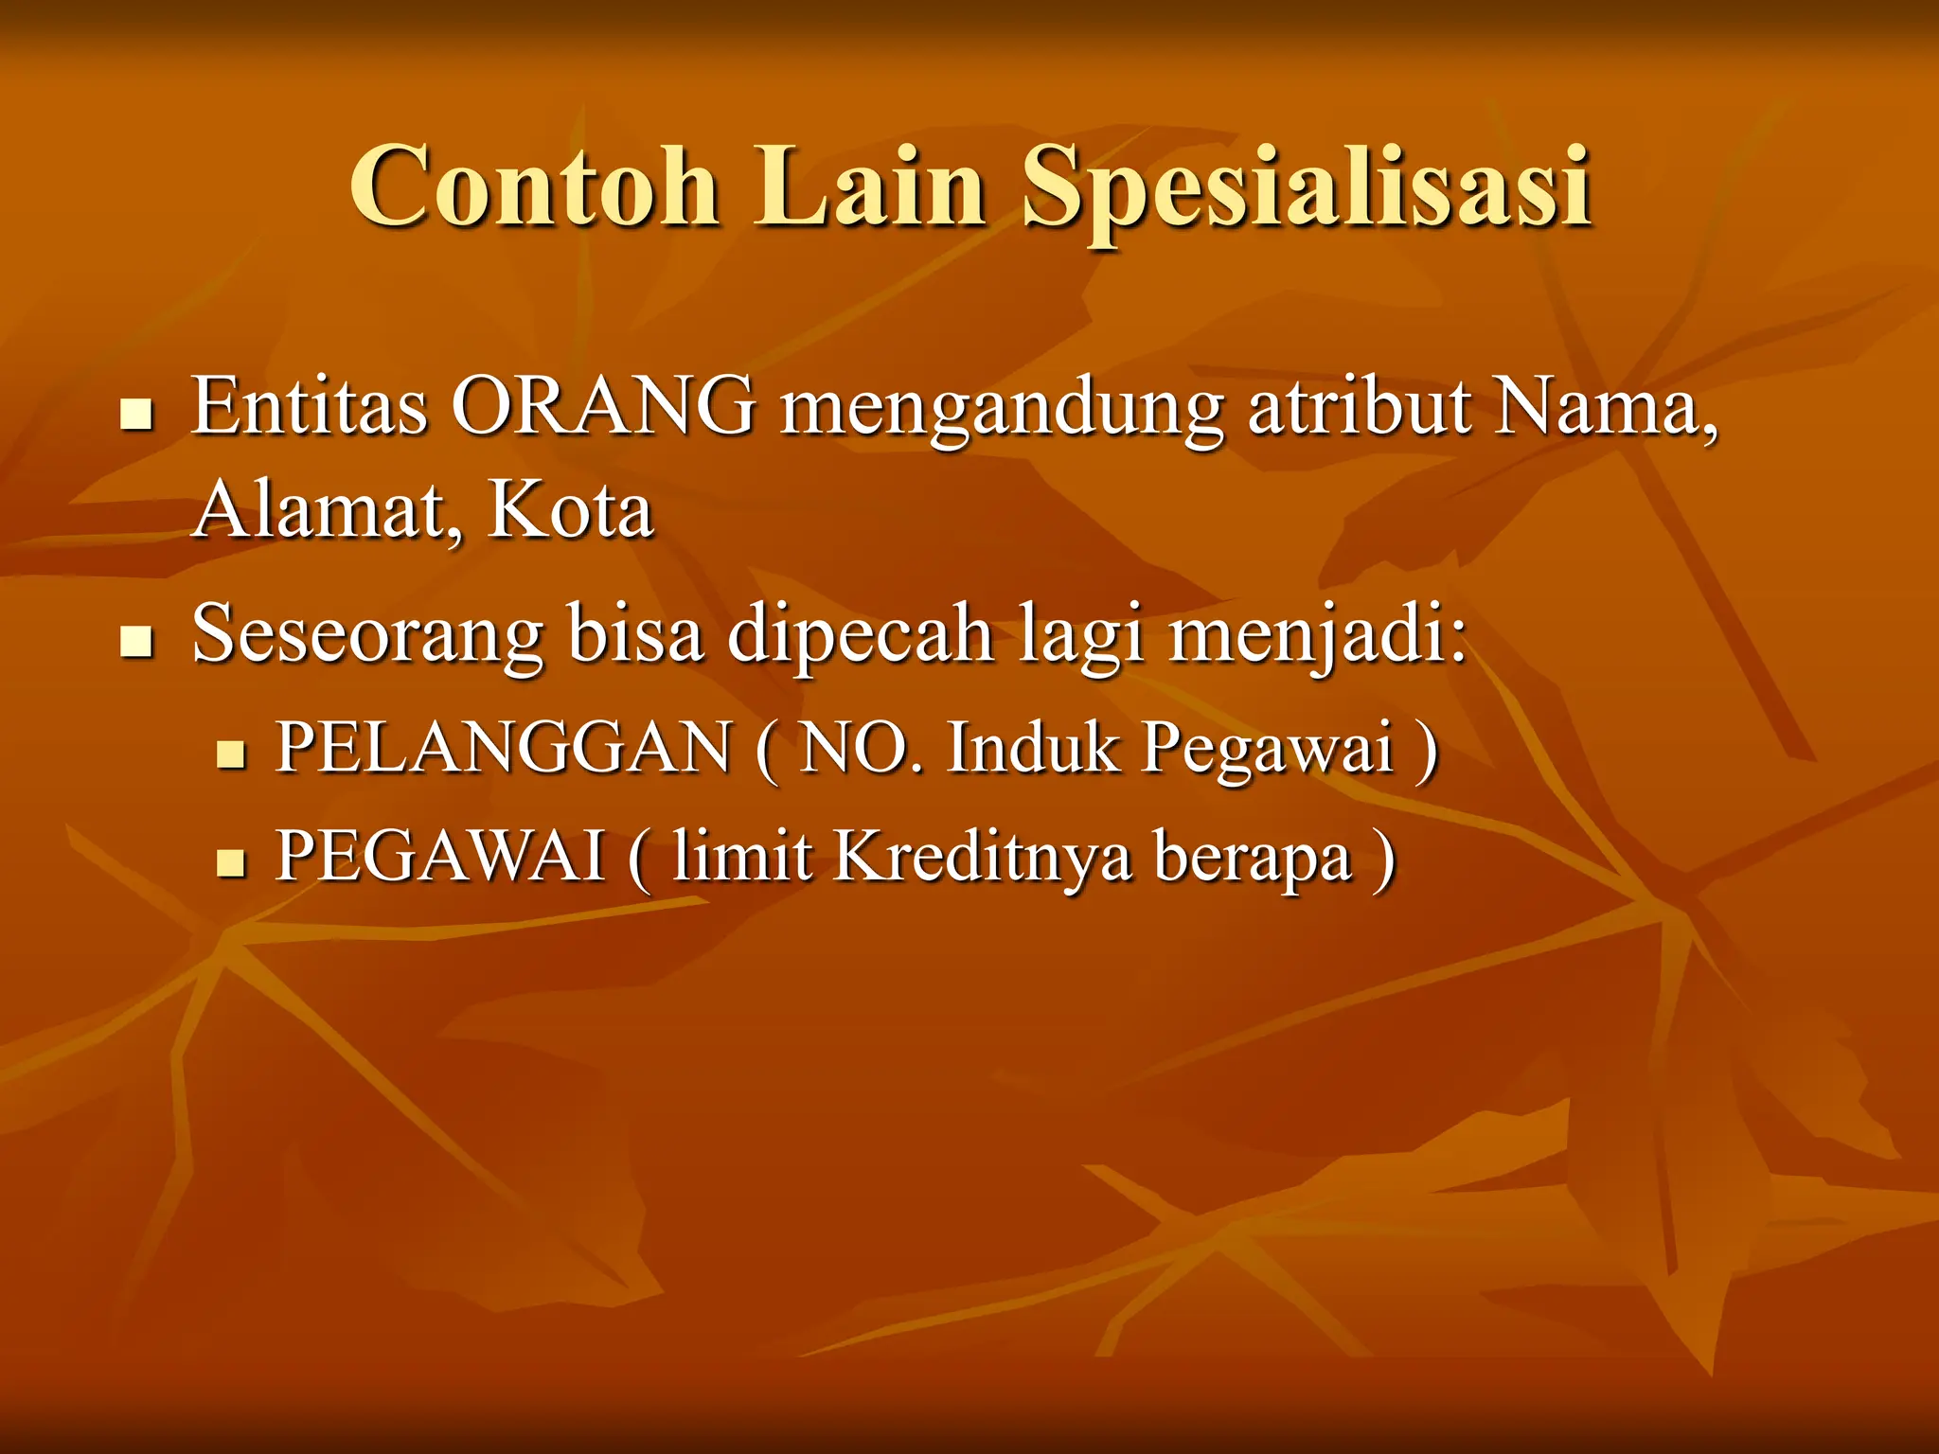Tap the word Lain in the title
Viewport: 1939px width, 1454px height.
coord(870,186)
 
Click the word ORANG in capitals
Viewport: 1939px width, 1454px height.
coord(603,406)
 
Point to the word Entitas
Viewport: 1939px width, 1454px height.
coord(310,406)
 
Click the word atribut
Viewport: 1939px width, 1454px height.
coord(1360,406)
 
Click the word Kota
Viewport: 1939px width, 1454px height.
coord(570,510)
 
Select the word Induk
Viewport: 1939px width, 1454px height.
coord(1033,748)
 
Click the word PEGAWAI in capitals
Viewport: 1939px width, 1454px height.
coord(440,857)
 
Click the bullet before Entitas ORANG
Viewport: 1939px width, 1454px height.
coord(137,415)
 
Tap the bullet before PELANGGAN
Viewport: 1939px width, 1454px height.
coord(231,754)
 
